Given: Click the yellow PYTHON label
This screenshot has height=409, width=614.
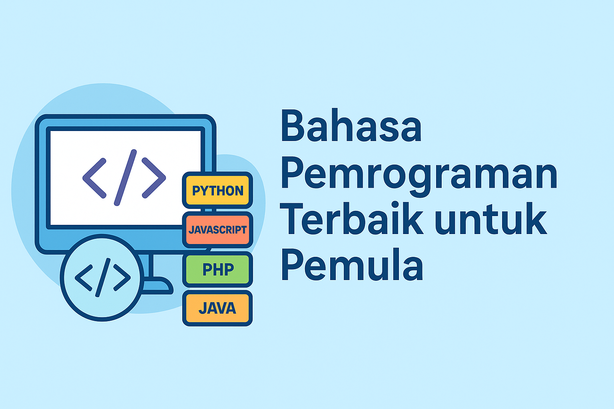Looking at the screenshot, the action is click(x=217, y=191).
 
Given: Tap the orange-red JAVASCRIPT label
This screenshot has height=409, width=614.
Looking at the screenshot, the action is click(x=217, y=230).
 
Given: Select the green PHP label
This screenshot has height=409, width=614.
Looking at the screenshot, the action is click(x=217, y=269).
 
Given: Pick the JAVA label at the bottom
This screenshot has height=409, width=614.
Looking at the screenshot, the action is click(x=217, y=308).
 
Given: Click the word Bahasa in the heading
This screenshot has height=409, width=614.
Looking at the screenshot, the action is click(x=351, y=125).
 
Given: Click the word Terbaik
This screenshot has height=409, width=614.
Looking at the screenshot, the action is click(x=352, y=218).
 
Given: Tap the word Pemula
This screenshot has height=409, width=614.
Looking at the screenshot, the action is click(x=352, y=264).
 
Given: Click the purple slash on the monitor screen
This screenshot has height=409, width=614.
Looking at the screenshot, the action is click(x=125, y=177).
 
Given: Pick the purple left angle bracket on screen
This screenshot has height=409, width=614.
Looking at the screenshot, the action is click(x=94, y=178).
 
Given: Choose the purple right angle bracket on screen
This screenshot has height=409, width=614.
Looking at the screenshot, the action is click(x=154, y=178).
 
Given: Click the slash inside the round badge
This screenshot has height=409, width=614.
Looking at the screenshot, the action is click(x=103, y=278).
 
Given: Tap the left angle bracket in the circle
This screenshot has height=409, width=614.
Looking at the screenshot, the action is click(x=84, y=278).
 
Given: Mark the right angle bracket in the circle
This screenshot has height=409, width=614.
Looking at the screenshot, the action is click(x=122, y=278).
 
